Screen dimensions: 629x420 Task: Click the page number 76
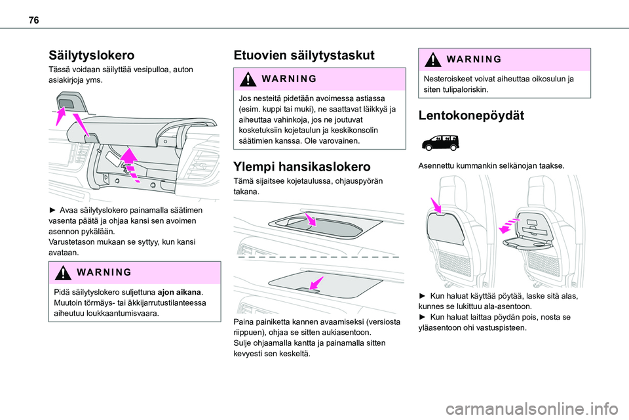(34, 20)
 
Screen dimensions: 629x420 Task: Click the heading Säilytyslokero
(92, 55)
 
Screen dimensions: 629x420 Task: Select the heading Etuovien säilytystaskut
(304, 55)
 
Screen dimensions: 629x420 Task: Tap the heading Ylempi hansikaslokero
(302, 167)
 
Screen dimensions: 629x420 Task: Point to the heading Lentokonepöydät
(471, 115)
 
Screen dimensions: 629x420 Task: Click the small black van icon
(440, 142)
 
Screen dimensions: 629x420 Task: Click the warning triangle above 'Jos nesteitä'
(248, 79)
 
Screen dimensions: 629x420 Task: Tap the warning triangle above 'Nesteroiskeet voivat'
(433, 60)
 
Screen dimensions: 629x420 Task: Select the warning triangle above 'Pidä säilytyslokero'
(63, 272)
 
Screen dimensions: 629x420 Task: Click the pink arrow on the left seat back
(436, 205)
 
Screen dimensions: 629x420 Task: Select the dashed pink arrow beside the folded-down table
(509, 226)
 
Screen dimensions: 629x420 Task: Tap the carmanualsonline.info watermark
(532, 409)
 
